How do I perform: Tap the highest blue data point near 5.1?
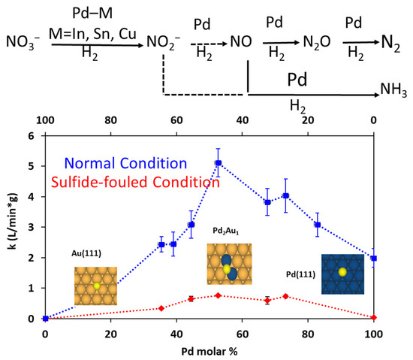[219, 163]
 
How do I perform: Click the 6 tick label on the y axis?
[30, 137]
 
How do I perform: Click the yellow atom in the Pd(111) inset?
[342, 271]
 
